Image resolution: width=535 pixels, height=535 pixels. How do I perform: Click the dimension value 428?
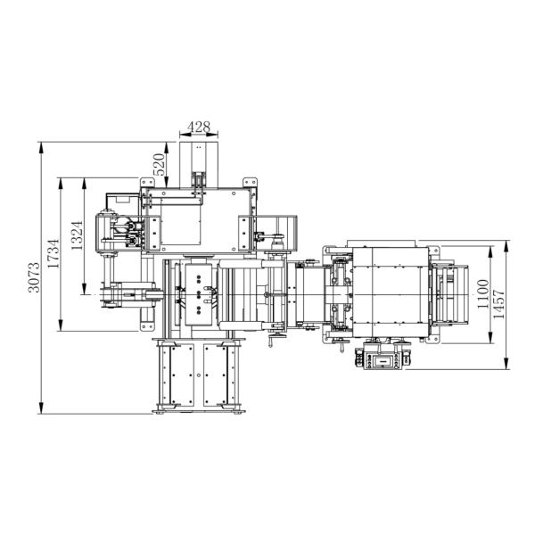point(199,127)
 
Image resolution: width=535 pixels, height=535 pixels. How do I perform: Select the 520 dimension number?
point(159,164)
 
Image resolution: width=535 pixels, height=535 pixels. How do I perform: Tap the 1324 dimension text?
point(77,235)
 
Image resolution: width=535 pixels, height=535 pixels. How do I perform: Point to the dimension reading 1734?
point(53,253)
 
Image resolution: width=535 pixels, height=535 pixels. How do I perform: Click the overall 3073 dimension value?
point(34,277)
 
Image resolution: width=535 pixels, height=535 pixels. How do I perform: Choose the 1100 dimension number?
point(482,293)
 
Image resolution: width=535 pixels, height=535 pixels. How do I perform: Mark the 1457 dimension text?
point(498,304)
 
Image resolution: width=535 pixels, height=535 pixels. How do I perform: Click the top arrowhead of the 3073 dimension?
point(41,148)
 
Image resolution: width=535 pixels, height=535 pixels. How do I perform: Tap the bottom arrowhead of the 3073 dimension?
point(41,407)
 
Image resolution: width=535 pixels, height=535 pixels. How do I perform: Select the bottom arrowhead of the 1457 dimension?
point(506,363)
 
